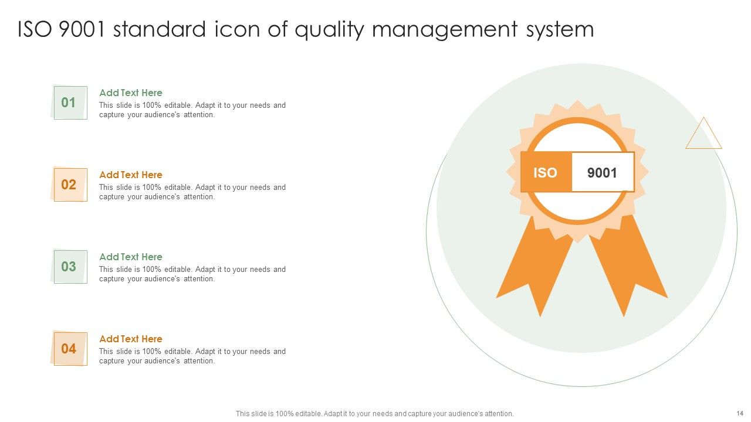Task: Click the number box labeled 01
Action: [70, 103]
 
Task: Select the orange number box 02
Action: [70, 185]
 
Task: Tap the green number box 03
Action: [70, 267]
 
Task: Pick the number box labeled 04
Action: [70, 349]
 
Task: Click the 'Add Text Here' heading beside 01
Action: [131, 93]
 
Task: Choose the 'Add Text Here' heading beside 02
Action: [131, 175]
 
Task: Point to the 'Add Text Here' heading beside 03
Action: [131, 257]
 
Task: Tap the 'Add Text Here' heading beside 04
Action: [131, 339]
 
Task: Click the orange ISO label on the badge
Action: [545, 172]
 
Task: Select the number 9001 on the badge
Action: [603, 172]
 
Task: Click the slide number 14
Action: [739, 413]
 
